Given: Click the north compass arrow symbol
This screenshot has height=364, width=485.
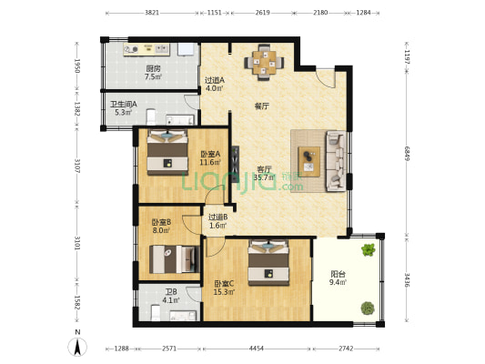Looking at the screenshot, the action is click(x=77, y=347).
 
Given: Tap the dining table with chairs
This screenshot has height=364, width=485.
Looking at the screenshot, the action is click(x=264, y=63).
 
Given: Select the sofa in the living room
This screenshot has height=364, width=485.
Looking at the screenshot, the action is click(x=336, y=161).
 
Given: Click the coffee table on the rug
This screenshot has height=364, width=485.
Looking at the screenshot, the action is click(x=309, y=162).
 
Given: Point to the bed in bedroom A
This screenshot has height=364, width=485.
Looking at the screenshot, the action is click(x=167, y=152).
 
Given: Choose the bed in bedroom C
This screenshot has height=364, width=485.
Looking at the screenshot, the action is click(x=268, y=262).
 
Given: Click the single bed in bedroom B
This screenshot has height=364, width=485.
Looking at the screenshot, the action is click(x=175, y=259).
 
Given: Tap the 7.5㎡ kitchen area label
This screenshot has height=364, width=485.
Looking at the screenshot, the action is click(x=153, y=76).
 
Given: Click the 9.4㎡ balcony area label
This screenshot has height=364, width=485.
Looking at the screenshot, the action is click(x=338, y=282).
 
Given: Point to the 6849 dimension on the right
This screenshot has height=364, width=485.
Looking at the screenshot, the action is click(x=407, y=153).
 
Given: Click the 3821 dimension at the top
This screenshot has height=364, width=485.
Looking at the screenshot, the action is click(x=152, y=13).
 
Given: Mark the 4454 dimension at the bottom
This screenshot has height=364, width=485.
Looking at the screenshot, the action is click(x=257, y=349).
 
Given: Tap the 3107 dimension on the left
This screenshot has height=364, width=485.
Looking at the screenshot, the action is click(x=77, y=166).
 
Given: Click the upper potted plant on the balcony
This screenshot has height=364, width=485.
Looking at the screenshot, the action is click(x=369, y=249).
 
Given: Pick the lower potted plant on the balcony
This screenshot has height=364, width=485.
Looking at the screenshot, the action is click(x=368, y=308).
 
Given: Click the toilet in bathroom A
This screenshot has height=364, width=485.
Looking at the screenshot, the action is click(x=151, y=116).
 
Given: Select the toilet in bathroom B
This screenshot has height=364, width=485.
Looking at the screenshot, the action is click(x=156, y=313).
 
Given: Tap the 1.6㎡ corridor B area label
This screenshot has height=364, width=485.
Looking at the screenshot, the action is click(x=218, y=226).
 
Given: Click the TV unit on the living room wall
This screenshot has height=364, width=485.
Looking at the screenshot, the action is click(x=235, y=164).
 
